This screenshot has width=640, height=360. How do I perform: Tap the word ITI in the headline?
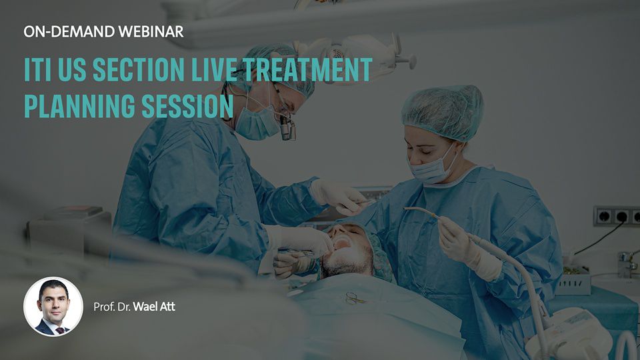click(x=37, y=69)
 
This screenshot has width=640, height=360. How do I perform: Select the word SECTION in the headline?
click(x=139, y=69)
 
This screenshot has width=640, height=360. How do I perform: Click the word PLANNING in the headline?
click(x=79, y=106)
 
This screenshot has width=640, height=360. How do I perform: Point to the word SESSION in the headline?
click(x=187, y=106)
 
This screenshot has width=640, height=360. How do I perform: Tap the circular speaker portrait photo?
click(x=53, y=307)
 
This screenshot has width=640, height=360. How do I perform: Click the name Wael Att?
click(x=154, y=307)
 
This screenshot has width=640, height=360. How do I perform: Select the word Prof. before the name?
click(x=104, y=307)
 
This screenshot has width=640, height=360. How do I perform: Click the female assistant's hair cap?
click(x=443, y=111)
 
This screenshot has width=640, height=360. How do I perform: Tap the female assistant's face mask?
click(x=431, y=166)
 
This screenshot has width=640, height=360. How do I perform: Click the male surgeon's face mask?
click(x=257, y=121)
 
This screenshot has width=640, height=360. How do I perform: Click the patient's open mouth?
click(x=342, y=244)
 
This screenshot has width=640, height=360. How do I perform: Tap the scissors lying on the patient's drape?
click(x=353, y=299)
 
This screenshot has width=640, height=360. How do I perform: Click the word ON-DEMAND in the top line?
click(x=69, y=32)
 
